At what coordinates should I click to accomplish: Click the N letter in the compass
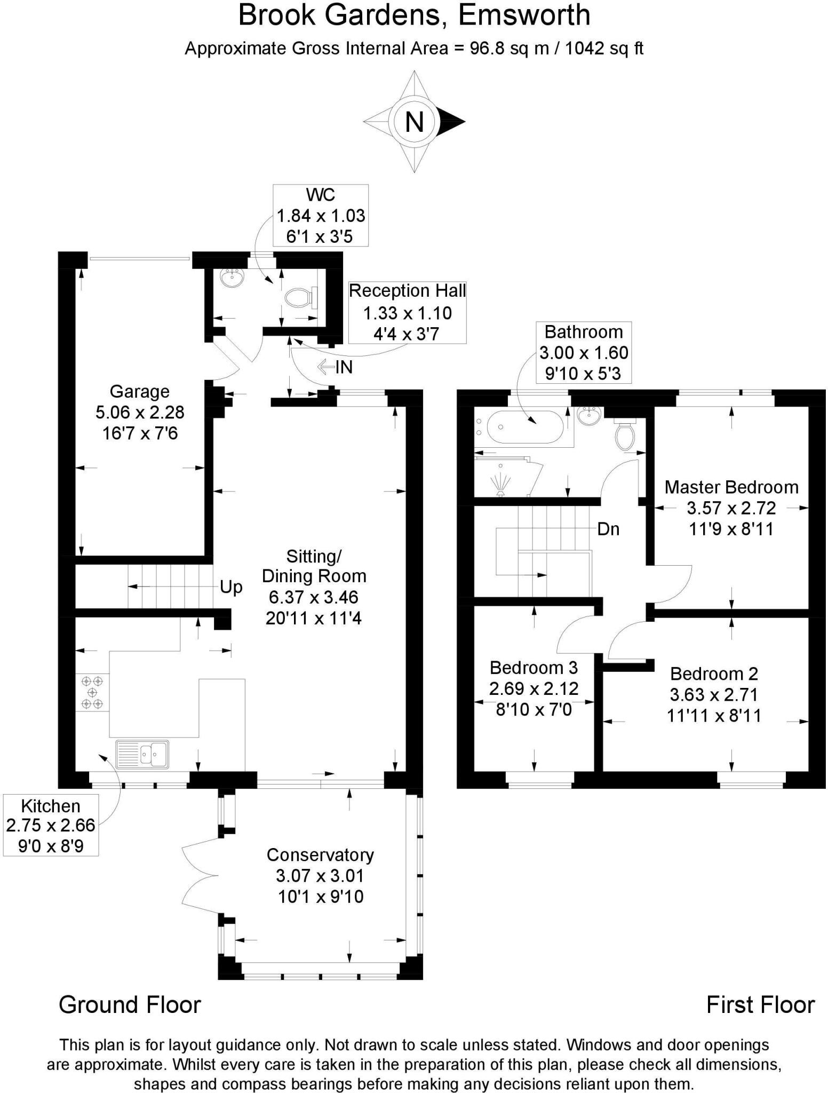(x=415, y=122)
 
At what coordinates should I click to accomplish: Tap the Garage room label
(x=139, y=391)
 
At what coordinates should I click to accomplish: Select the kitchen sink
(x=142, y=754)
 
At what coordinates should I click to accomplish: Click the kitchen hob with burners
(x=92, y=692)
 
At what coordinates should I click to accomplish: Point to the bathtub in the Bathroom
(x=520, y=427)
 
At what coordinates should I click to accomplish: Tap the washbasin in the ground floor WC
(x=232, y=278)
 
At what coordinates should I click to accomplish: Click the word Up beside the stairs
(x=231, y=587)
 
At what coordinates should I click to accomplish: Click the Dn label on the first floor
(x=608, y=529)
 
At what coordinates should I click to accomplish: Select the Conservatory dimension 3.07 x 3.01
(x=320, y=876)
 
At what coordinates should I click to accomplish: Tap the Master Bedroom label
(x=731, y=487)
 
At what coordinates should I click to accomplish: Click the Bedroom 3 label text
(x=534, y=668)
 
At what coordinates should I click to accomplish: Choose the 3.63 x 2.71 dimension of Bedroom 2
(x=714, y=695)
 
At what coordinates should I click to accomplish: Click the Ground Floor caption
(x=130, y=1005)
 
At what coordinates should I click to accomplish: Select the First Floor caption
(x=760, y=1005)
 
